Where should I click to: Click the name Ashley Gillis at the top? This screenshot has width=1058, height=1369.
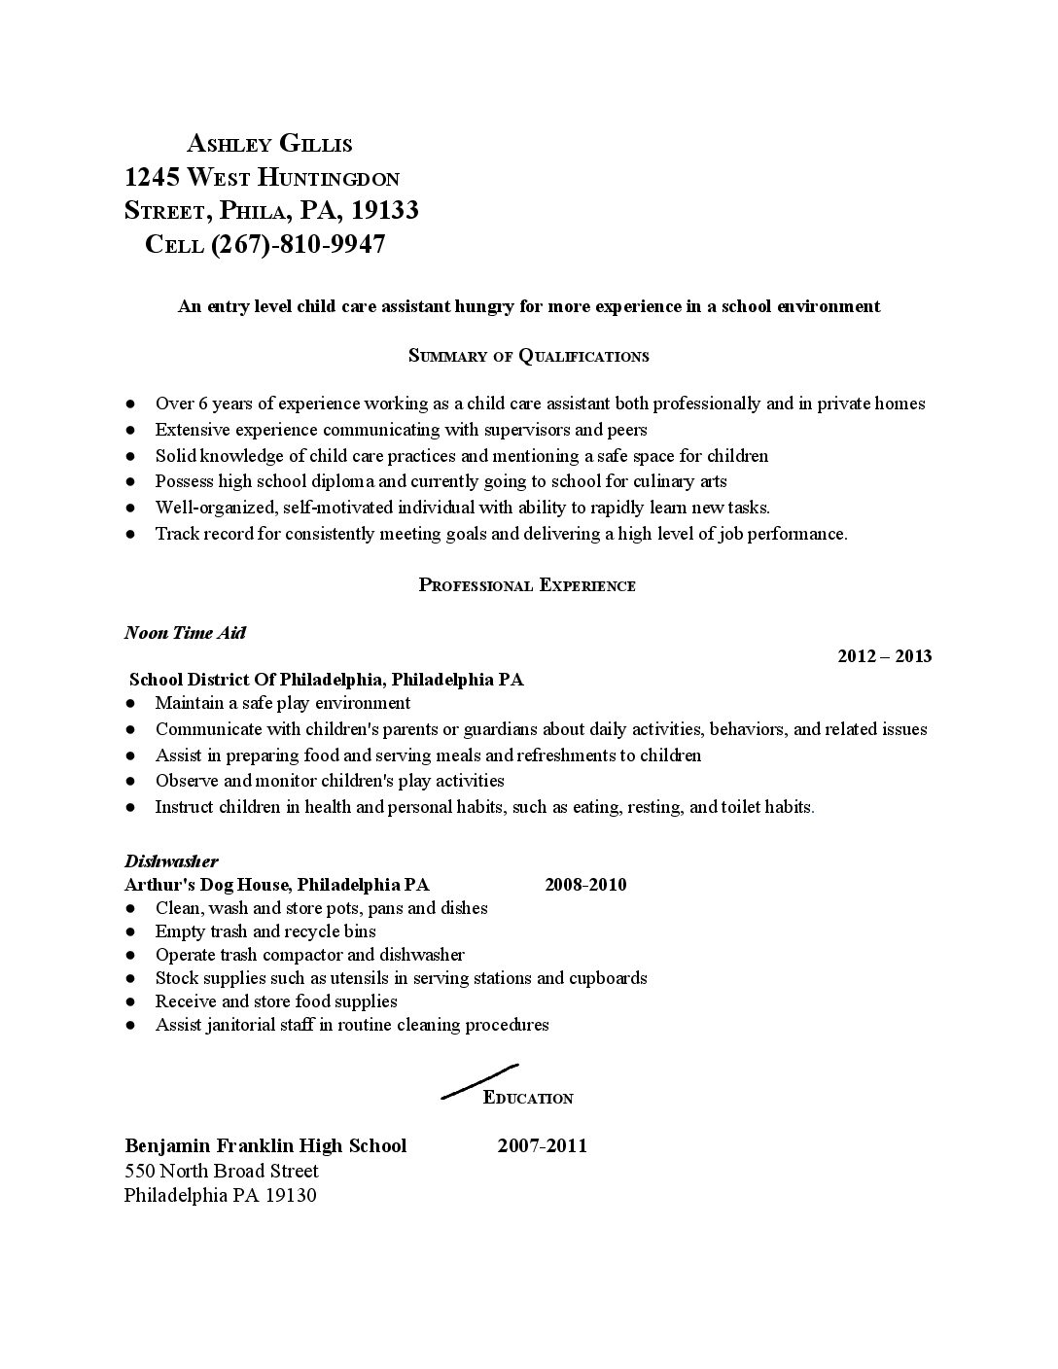(x=269, y=144)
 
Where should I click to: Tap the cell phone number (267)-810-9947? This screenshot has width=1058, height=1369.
(x=298, y=244)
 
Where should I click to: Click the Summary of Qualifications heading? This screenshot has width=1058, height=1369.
(x=528, y=356)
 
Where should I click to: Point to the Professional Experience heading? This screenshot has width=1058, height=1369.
(x=527, y=585)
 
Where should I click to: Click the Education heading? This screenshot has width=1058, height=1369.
(x=528, y=1099)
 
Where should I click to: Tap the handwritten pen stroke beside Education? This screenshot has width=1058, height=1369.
(x=478, y=1080)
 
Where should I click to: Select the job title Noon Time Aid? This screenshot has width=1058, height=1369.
(x=185, y=633)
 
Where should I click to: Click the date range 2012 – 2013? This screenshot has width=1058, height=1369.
(x=884, y=656)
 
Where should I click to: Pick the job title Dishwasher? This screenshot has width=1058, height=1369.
(x=171, y=860)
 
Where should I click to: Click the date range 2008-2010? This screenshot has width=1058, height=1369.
(x=585, y=885)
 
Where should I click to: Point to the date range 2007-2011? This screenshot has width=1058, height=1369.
(x=542, y=1145)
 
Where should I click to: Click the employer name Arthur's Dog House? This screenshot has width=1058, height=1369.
(x=207, y=885)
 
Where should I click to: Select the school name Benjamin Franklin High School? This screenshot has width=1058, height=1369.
(x=265, y=1145)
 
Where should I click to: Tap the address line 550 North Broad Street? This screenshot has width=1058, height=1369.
(x=222, y=1171)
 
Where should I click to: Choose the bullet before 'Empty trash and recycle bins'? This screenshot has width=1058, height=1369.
(x=130, y=932)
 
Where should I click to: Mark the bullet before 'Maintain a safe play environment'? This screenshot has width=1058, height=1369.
(x=130, y=704)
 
